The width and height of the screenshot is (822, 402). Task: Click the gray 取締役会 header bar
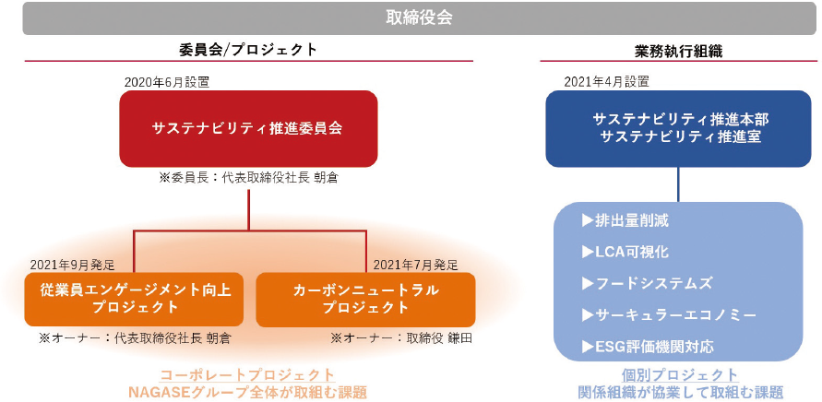[x=420, y=18]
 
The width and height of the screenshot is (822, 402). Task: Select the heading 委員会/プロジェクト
[x=248, y=50]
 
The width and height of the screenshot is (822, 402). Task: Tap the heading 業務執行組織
[x=678, y=51]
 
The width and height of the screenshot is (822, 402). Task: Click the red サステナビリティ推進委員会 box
[x=248, y=128]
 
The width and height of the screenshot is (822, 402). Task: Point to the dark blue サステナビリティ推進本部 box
[x=678, y=128]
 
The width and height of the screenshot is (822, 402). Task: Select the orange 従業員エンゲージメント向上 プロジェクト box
[x=134, y=300]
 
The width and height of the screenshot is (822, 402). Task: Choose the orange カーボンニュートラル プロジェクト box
[x=365, y=300]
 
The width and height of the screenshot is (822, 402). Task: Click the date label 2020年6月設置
[x=167, y=82]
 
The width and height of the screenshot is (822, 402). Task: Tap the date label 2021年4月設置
[x=606, y=82]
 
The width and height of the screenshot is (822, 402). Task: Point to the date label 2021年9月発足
[x=72, y=265]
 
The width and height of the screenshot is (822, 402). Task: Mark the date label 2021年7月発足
[x=416, y=265]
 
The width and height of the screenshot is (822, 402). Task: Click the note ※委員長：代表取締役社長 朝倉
[x=248, y=178]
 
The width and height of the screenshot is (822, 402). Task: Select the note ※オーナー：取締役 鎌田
[x=401, y=338]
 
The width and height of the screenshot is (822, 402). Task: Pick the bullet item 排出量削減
[x=625, y=221]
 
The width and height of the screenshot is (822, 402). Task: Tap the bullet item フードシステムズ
[x=648, y=284]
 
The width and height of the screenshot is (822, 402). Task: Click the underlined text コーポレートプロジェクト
[x=247, y=375]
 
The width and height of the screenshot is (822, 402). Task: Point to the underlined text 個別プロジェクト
[x=680, y=375]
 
